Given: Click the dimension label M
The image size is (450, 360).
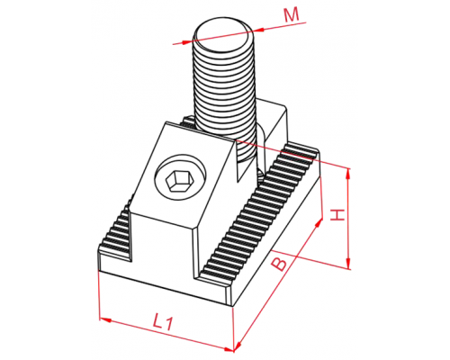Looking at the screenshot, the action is click(x=292, y=15).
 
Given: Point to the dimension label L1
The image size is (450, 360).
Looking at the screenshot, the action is click(x=163, y=322).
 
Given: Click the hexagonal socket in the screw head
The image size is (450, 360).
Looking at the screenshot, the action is click(x=177, y=182).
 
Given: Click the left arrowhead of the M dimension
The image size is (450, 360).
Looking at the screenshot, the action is click(x=186, y=42).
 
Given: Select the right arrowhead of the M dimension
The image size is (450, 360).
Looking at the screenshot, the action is click(x=258, y=30).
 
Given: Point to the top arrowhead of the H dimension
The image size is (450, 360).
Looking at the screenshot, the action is click(x=348, y=174).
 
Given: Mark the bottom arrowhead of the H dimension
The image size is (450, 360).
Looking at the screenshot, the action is click(x=348, y=263).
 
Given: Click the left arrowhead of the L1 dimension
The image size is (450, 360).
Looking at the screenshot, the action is click(x=105, y=319).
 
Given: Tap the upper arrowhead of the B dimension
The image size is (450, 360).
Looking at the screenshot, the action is click(x=319, y=222).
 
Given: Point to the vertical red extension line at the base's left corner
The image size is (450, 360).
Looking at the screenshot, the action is click(x=99, y=295).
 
